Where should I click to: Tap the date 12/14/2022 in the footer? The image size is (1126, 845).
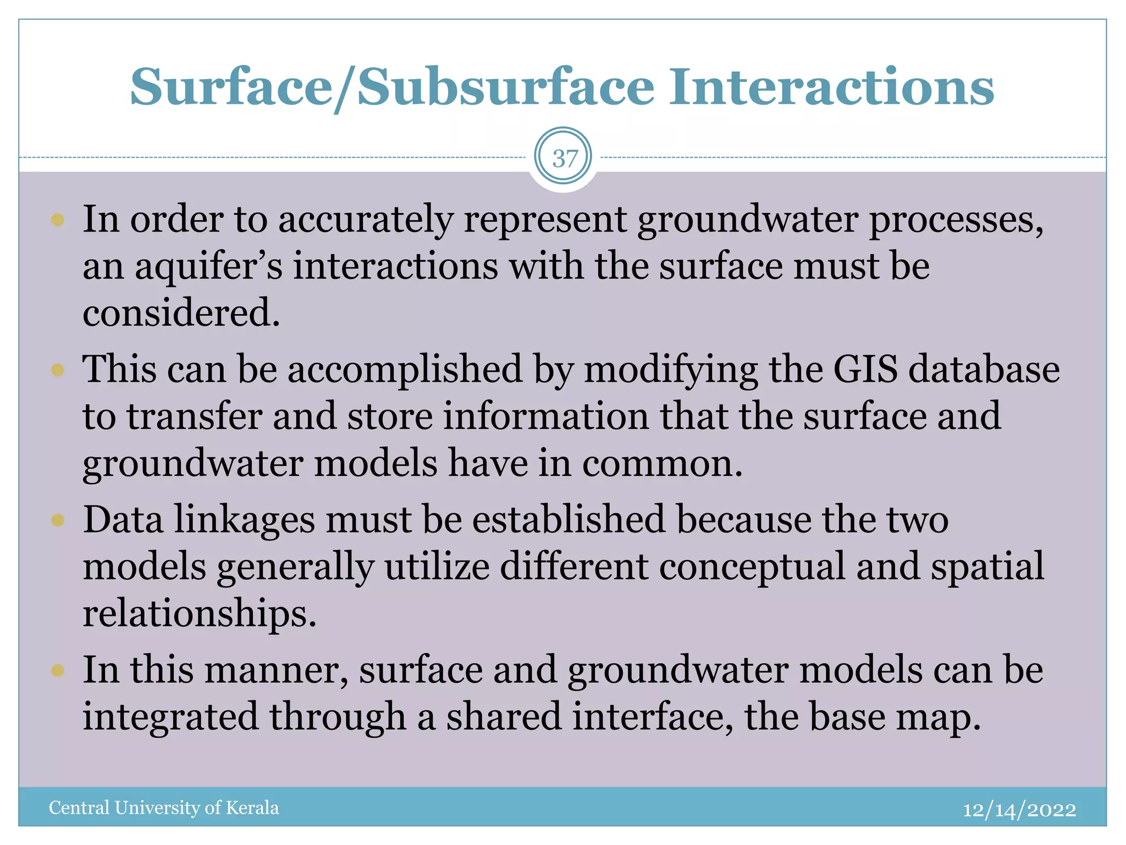(1019, 810)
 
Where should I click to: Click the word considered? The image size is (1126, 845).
(181, 313)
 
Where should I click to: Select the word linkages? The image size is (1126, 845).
(245, 520)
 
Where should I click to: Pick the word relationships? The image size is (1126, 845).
(200, 614)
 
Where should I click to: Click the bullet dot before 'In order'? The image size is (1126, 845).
(58, 221)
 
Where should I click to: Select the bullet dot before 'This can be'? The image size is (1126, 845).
(58, 370)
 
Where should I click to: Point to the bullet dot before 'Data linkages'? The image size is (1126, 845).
(58, 520)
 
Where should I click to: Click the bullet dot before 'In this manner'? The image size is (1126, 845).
(58, 670)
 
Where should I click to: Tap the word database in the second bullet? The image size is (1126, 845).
(984, 369)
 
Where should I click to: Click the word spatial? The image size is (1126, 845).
(987, 567)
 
